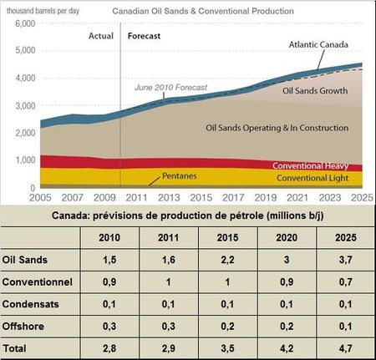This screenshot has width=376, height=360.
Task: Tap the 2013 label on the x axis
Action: coord(169,197)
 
